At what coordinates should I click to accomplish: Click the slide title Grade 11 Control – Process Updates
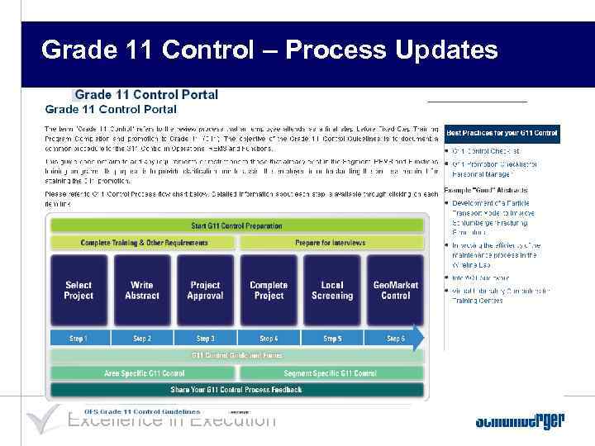click(269, 50)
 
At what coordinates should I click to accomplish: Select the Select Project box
click(79, 290)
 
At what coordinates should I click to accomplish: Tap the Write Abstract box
click(142, 290)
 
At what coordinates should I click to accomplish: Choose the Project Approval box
click(205, 290)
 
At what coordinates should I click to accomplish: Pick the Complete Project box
click(269, 290)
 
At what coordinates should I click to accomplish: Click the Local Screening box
click(332, 290)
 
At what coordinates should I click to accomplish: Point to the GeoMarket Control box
click(396, 290)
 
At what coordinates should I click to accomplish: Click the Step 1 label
click(79, 339)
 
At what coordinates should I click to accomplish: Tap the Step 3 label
click(205, 339)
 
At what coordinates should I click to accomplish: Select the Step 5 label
click(332, 339)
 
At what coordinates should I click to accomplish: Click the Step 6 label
click(396, 339)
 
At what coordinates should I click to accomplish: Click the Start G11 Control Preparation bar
click(236, 225)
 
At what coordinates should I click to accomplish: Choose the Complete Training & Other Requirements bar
click(144, 243)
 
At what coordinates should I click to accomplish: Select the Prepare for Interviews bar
click(331, 243)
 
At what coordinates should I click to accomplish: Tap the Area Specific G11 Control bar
click(144, 373)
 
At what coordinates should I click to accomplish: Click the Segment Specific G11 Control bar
click(331, 373)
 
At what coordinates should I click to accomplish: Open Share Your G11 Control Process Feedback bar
click(236, 389)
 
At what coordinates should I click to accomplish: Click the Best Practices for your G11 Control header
click(502, 133)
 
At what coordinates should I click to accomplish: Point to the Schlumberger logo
click(519, 421)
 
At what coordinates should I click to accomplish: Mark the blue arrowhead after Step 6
click(419, 338)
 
